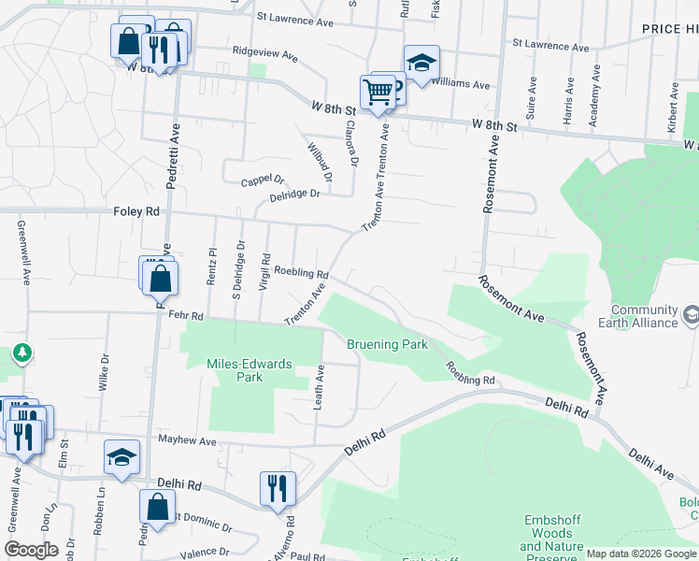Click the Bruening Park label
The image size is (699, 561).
(x=387, y=344)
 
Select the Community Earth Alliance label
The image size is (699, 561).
(x=644, y=316)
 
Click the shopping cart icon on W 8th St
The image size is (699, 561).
(x=377, y=93)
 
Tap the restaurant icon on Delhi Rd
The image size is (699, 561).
(x=278, y=489)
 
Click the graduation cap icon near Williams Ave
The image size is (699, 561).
(x=421, y=64)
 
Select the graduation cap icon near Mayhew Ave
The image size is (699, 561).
(x=121, y=457)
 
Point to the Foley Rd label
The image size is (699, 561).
(x=137, y=212)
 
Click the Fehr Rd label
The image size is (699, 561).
(x=185, y=316)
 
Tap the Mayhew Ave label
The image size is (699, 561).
(x=187, y=440)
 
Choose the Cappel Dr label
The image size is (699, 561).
(x=262, y=180)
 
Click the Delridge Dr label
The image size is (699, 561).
(x=294, y=194)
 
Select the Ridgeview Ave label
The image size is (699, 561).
(x=264, y=55)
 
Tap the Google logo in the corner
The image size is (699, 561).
(x=32, y=550)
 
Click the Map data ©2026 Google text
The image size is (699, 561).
(x=640, y=554)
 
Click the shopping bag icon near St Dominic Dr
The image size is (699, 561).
(x=157, y=508)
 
